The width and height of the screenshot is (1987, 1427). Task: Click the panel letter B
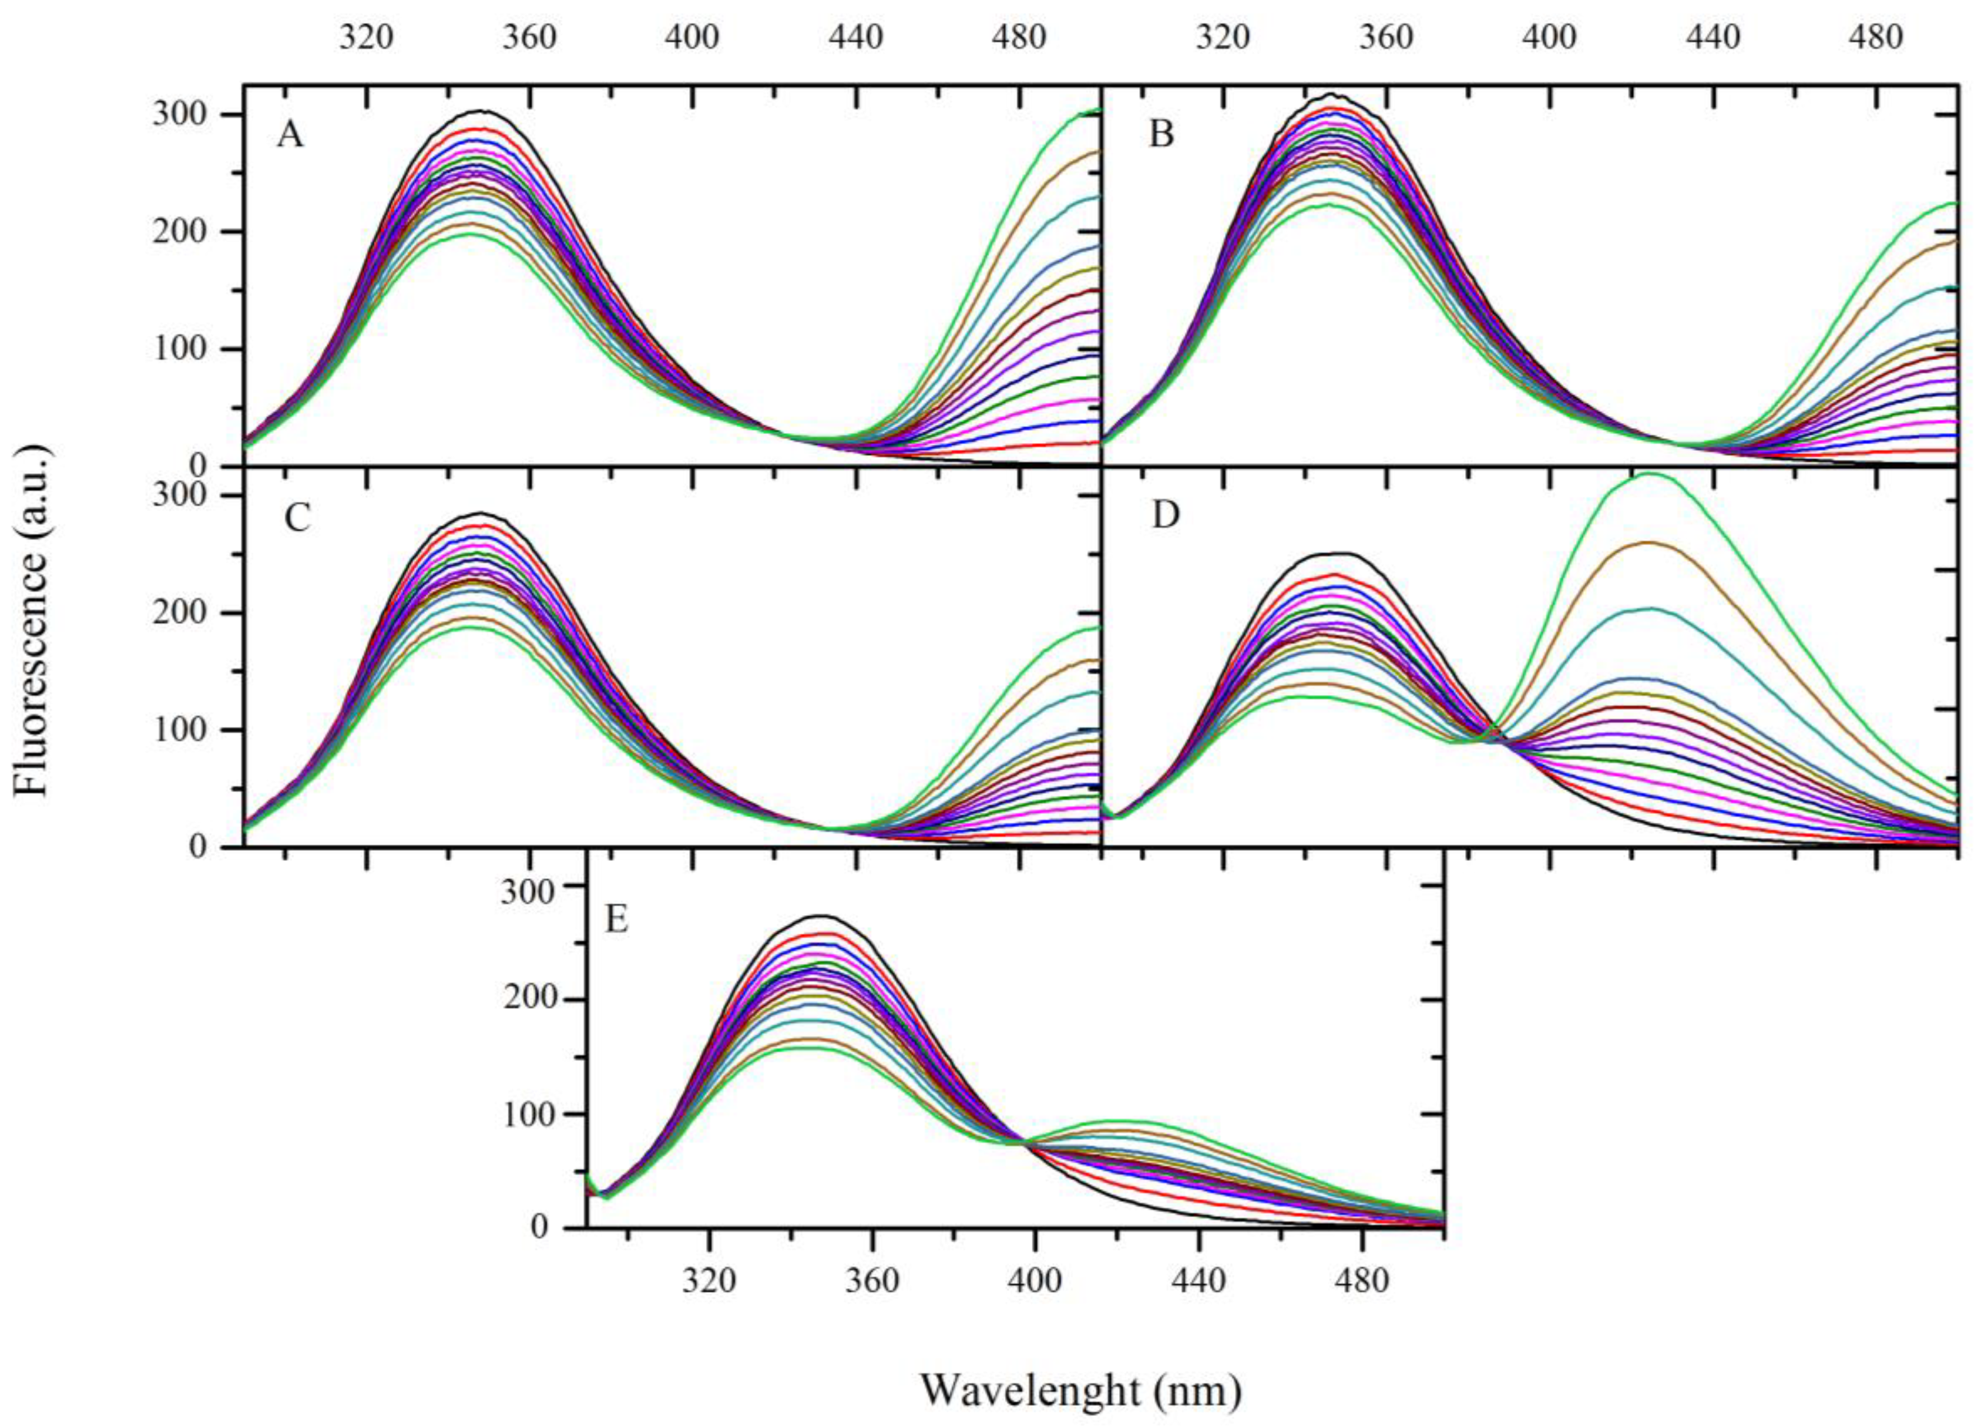pyautogui.click(x=1161, y=136)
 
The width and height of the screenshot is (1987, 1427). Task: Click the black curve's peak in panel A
pyautogui.click(x=480, y=110)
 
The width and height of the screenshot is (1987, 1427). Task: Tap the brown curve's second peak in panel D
pyautogui.click(x=1650, y=543)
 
